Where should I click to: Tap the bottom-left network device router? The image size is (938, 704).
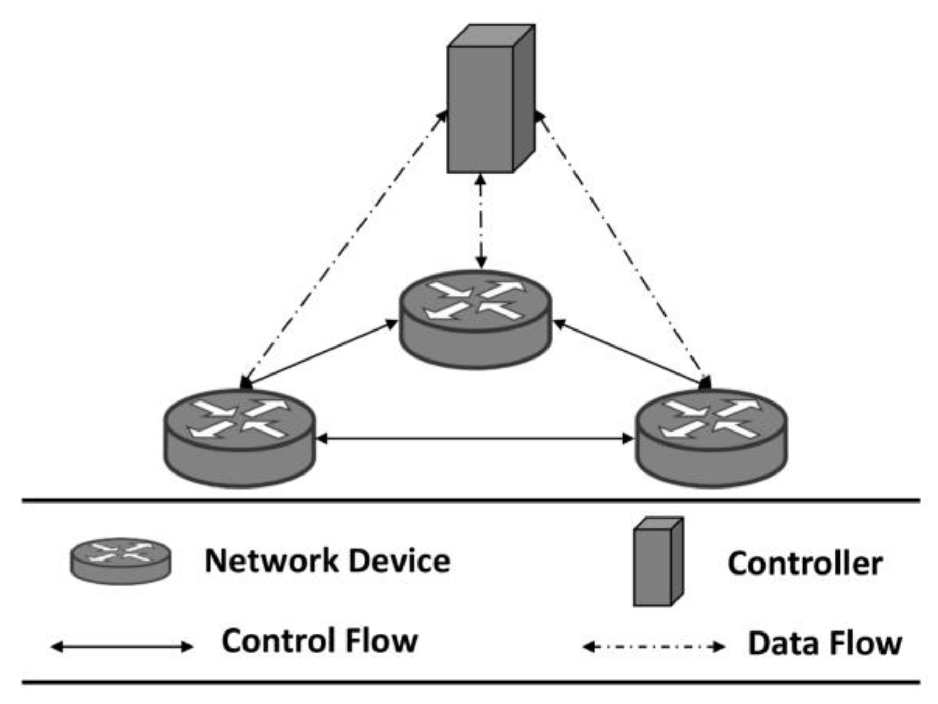[239, 438]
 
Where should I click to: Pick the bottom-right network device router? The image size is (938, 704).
[711, 438]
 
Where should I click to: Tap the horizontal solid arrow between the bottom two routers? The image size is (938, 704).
[474, 439]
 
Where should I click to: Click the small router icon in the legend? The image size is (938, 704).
[121, 561]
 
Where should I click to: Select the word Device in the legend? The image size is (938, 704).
[399, 561]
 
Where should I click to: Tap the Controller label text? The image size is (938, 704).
[804, 564]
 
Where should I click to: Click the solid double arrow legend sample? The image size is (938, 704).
[122, 646]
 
